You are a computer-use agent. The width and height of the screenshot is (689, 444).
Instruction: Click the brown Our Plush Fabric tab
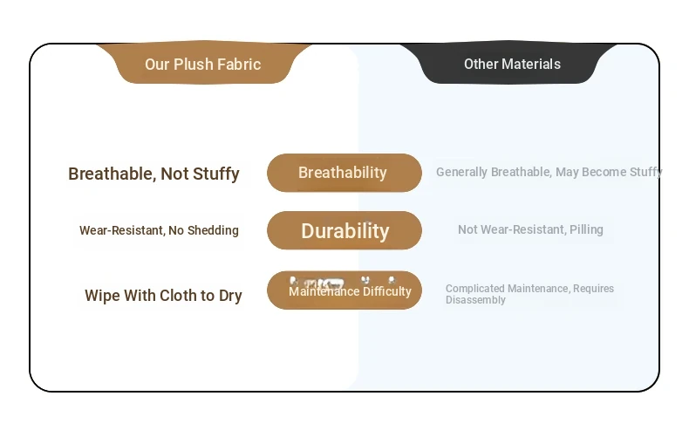[203, 63]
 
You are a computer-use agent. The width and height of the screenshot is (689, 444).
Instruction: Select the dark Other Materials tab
[509, 63]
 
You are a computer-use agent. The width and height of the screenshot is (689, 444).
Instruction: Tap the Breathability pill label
[344, 173]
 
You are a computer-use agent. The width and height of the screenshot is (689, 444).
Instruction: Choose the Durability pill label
[344, 230]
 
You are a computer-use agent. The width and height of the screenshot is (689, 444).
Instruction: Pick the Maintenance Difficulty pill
[344, 290]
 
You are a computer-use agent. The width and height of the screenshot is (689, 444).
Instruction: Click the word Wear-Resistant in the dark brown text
[122, 230]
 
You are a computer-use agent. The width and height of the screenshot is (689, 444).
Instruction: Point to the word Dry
[230, 296]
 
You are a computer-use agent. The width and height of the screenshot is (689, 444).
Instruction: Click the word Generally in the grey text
[462, 172]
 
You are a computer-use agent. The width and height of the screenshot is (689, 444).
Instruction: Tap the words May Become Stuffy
[609, 172]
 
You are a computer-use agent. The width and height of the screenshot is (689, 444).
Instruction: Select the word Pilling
[586, 229]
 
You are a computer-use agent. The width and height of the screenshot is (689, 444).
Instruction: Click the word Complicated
[475, 289]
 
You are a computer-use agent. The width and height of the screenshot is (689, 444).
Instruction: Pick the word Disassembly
[475, 300]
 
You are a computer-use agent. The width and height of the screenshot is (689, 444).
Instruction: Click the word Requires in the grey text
[594, 289]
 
